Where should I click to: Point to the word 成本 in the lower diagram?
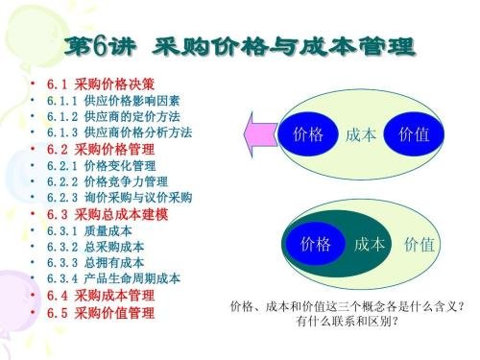click(x=369, y=244)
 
